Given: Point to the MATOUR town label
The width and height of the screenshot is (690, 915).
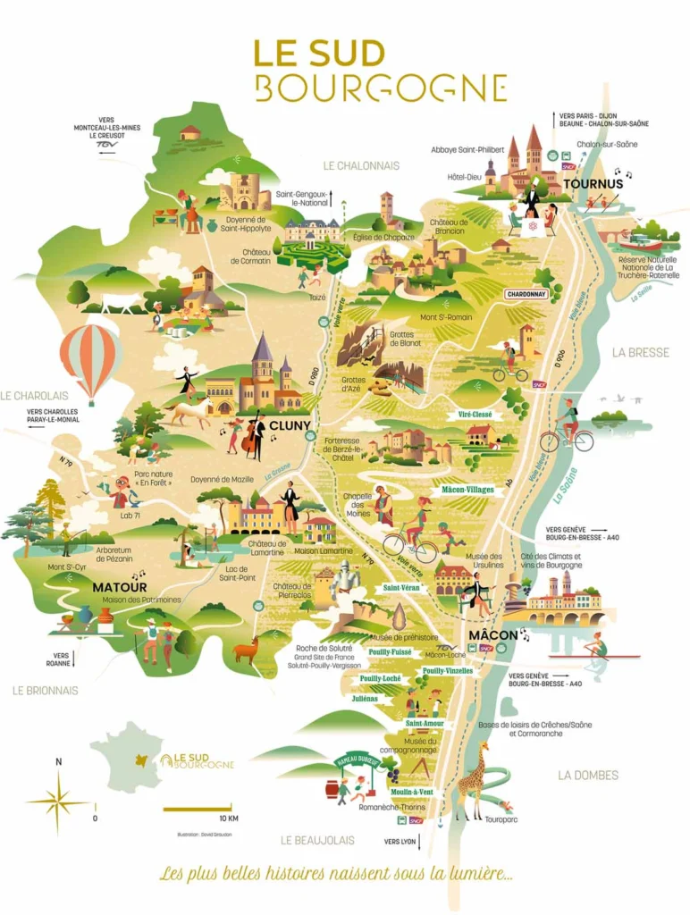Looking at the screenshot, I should (x=119, y=587).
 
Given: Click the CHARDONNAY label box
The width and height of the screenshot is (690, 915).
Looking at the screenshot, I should (x=526, y=293).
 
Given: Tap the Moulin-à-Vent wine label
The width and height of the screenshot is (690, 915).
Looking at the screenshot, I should (x=411, y=792).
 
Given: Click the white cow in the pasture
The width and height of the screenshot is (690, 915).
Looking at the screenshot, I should (x=123, y=303).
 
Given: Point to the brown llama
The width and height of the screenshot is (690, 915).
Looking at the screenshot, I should (x=246, y=650).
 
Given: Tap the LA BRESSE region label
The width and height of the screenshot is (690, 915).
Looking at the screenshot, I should (x=640, y=352).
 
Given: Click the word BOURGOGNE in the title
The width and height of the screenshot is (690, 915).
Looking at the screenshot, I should (x=381, y=88).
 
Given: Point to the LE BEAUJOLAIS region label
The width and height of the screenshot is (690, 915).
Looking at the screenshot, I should (x=317, y=840).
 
